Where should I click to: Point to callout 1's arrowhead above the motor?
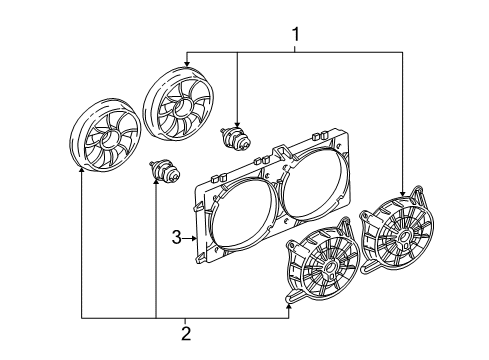point(236,120)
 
